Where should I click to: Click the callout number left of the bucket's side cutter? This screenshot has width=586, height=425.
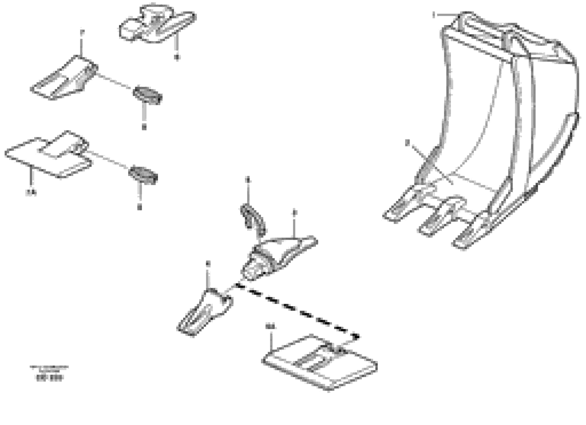pyautogui.click(x=407, y=143)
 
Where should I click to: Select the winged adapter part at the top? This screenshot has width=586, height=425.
pyautogui.click(x=157, y=24)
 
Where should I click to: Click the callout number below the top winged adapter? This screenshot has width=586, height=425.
pyautogui.click(x=177, y=57)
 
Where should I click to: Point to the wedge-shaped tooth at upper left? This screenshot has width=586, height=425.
pyautogui.click(x=63, y=79)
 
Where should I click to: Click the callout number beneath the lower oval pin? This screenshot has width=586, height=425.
pyautogui.click(x=140, y=207)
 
